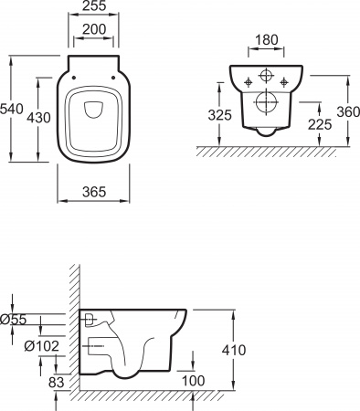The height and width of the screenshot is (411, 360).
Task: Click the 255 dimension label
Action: point(94,5)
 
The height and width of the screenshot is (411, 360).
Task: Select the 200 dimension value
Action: point(94,29)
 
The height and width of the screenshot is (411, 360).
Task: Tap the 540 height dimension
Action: point(12,109)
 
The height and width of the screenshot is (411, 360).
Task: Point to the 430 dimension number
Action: point(38,118)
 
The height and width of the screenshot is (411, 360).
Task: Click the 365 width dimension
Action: point(94,192)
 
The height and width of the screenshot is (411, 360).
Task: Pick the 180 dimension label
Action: point(267,40)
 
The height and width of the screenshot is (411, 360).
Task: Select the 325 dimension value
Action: point(219,115)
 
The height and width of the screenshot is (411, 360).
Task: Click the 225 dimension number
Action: point(320,124)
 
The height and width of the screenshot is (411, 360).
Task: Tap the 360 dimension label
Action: point(348,111)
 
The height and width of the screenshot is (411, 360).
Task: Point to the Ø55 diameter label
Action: point(14,320)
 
